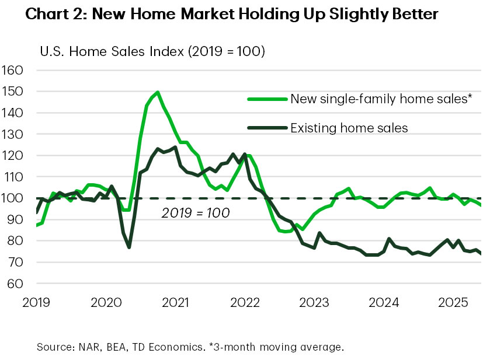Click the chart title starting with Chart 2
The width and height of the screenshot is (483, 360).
click(x=224, y=16)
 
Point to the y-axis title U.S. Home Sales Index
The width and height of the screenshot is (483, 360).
click(x=152, y=52)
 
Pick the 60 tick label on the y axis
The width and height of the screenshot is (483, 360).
click(x=15, y=284)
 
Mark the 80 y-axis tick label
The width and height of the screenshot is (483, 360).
click(x=15, y=241)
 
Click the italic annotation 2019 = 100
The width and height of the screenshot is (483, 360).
click(x=195, y=212)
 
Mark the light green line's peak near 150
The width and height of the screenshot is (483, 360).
click(x=158, y=92)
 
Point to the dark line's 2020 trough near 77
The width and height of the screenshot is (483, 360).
click(x=129, y=247)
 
